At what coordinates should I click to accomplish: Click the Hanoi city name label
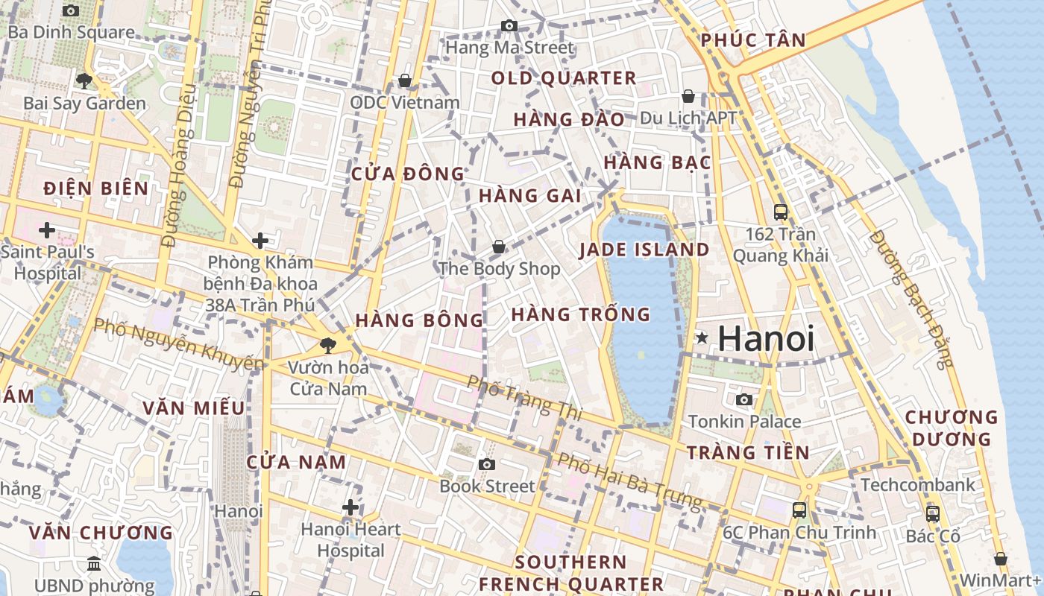pyautogui.click(x=766, y=339)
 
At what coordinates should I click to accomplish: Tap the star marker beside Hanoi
pyautogui.click(x=702, y=338)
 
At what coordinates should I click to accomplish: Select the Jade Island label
pyautogui.click(x=645, y=250)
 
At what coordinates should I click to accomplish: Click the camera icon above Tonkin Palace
pyautogui.click(x=743, y=400)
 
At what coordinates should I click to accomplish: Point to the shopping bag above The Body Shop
pyautogui.click(x=498, y=247)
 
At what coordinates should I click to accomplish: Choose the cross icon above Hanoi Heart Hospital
pyautogui.click(x=350, y=508)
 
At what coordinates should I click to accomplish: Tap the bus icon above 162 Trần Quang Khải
pyautogui.click(x=780, y=212)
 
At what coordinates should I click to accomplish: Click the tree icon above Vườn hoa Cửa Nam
pyautogui.click(x=327, y=345)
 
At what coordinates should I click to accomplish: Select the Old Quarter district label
pyautogui.click(x=564, y=77)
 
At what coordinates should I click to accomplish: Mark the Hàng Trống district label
pyautogui.click(x=581, y=314)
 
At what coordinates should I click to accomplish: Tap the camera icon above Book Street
pyautogui.click(x=487, y=465)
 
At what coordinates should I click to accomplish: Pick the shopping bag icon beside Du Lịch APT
pyautogui.click(x=688, y=96)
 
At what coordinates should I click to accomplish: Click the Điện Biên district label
pyautogui.click(x=96, y=188)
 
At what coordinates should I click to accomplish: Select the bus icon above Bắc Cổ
pyautogui.click(x=932, y=513)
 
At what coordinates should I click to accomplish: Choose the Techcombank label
pyautogui.click(x=917, y=485)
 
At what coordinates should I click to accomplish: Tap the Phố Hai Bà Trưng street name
pyautogui.click(x=630, y=483)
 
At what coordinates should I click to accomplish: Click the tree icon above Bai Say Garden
pyautogui.click(x=84, y=80)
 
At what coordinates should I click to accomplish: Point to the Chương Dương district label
pyautogui.click(x=951, y=428)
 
